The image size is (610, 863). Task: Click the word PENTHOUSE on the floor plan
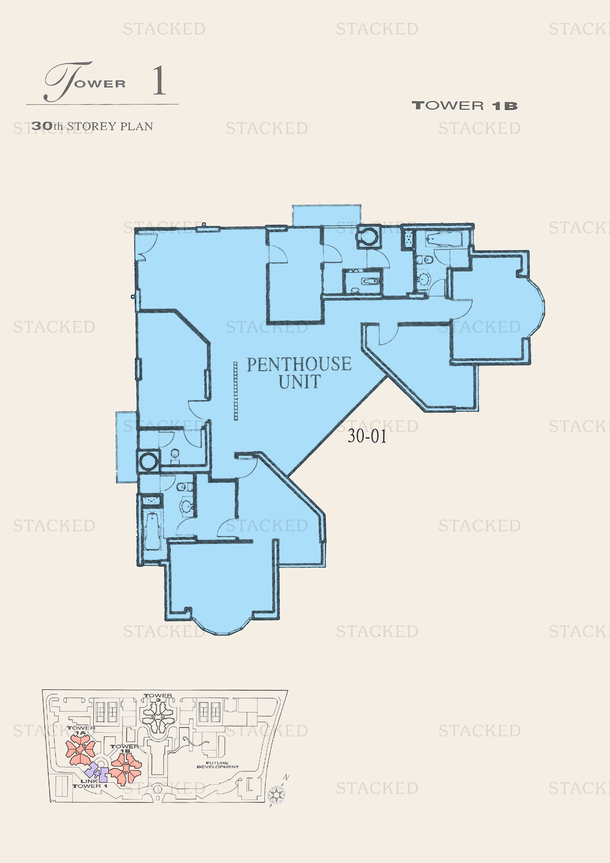(x=299, y=364)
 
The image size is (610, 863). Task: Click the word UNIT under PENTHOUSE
(x=299, y=382)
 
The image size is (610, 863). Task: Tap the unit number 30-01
(x=367, y=436)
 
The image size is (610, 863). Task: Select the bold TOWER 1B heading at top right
(x=465, y=106)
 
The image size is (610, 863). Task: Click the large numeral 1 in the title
(x=159, y=80)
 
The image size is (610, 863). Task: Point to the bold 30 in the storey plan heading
(x=42, y=126)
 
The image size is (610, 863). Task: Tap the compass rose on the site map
(x=277, y=795)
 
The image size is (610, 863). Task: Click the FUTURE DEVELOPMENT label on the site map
(x=218, y=765)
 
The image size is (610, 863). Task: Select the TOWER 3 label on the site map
(x=158, y=698)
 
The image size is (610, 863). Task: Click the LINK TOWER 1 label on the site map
(x=90, y=783)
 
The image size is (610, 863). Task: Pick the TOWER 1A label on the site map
(x=81, y=730)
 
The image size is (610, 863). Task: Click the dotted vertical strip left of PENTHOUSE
(x=236, y=391)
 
